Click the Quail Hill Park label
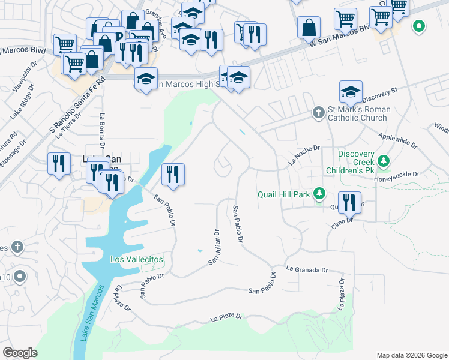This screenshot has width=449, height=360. pyautogui.click(x=283, y=194)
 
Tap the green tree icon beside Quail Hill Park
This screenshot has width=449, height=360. pyautogui.click(x=321, y=193)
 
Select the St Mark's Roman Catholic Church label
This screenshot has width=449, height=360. pyautogui.click(x=359, y=113)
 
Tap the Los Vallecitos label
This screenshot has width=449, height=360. pyautogui.click(x=137, y=259)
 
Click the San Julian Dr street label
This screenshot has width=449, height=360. pyautogui.click(x=215, y=246)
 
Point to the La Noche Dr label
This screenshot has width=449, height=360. pyautogui.click(x=305, y=154)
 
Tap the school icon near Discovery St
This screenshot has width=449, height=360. pyautogui.click(x=351, y=92)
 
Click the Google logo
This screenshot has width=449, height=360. pyautogui.click(x=20, y=352)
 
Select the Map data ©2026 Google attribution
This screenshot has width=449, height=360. pyautogui.click(x=412, y=355)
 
